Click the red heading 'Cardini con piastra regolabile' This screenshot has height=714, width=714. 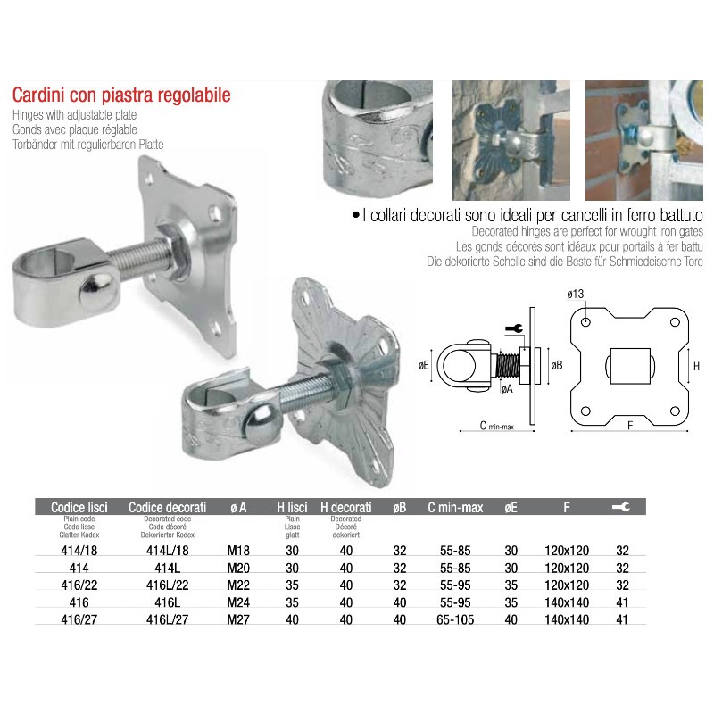coord(121,95)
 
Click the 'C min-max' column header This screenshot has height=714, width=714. coord(455,508)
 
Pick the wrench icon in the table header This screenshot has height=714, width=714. coord(621,507)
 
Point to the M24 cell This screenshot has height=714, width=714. coord(238,602)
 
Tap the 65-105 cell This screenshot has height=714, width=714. coord(455,619)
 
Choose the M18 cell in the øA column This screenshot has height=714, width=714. coord(238,551)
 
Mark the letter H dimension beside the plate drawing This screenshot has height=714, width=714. coord(696,367)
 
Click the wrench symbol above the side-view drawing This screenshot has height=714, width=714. coord(513,328)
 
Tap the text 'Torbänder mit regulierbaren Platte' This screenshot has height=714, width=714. coord(89,144)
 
